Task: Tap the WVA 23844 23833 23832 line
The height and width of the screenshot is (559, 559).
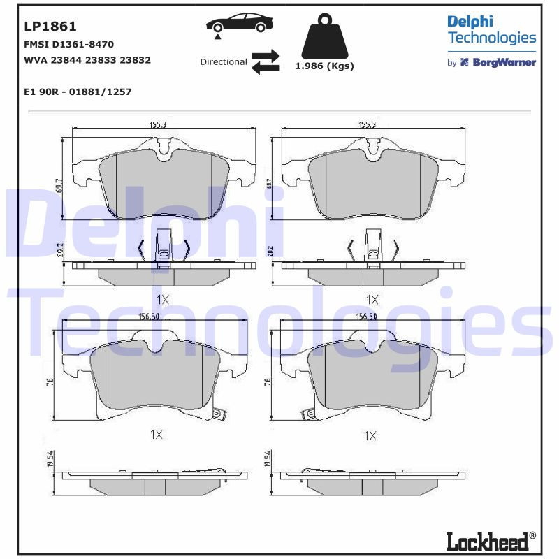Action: (87, 60)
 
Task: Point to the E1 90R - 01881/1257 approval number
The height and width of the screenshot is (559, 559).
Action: (78, 92)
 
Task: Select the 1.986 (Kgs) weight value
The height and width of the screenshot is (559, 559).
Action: (324, 66)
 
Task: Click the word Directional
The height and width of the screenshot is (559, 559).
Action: (224, 61)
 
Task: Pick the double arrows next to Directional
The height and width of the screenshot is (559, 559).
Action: (266, 61)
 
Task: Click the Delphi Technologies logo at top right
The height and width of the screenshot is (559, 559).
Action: (491, 29)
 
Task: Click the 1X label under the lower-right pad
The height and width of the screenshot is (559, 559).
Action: (370, 436)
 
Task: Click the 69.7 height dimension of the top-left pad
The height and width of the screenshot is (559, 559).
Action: (60, 185)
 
